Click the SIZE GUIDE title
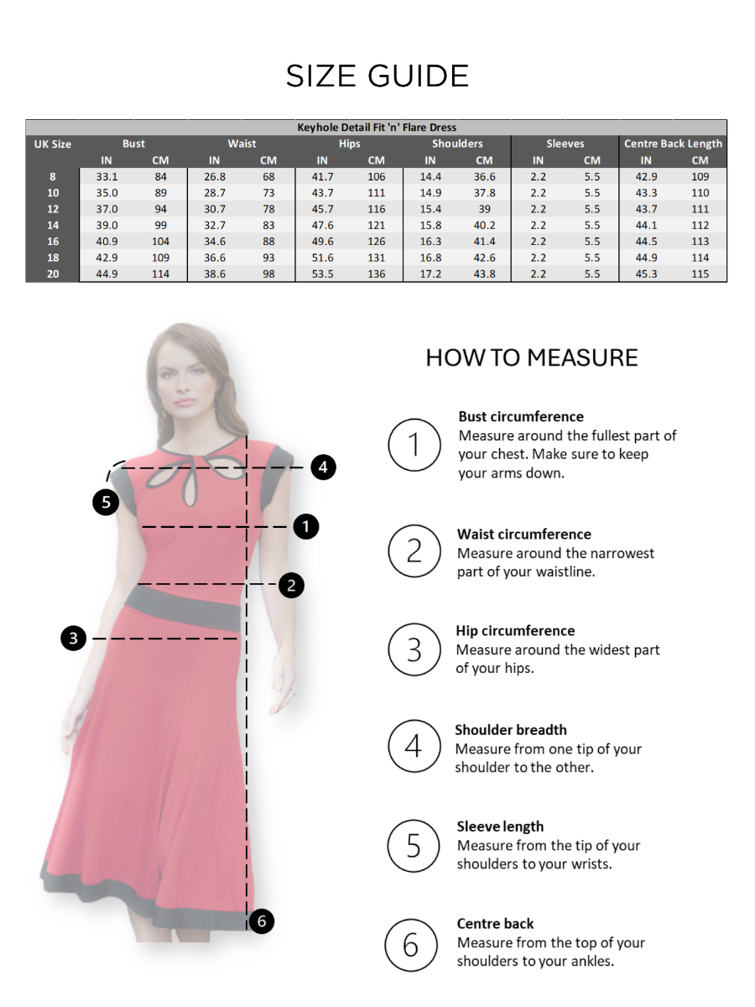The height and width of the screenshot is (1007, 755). coord(377,76)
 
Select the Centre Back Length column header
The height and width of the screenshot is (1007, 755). coord(673,143)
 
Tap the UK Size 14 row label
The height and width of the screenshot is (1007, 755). coord(52,225)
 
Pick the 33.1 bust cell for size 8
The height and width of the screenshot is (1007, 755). coord(107,177)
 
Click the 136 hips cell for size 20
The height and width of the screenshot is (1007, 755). coord(377,274)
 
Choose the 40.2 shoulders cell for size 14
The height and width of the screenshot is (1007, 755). coord(484,225)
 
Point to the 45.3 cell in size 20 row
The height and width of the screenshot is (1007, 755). coord(646,274)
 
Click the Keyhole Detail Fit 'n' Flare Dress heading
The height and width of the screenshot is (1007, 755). coord(377,128)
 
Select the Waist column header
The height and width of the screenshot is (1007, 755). coord(242,143)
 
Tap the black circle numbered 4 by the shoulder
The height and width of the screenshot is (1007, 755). coord(324,467)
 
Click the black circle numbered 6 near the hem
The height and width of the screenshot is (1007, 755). coord(262,921)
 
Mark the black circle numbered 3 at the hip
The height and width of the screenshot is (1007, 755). coord(74,639)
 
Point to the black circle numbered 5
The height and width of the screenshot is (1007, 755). coord(106,502)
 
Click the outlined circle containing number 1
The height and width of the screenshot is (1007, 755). coord(414,445)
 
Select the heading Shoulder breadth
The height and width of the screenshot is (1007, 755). coord(511,730)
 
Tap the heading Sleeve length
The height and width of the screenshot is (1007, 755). coord(500,827)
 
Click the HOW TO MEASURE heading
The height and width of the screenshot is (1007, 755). coord(532,357)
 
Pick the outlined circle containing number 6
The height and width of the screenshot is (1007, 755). coord(411,946)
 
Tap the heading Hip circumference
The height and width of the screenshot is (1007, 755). coord(515,631)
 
